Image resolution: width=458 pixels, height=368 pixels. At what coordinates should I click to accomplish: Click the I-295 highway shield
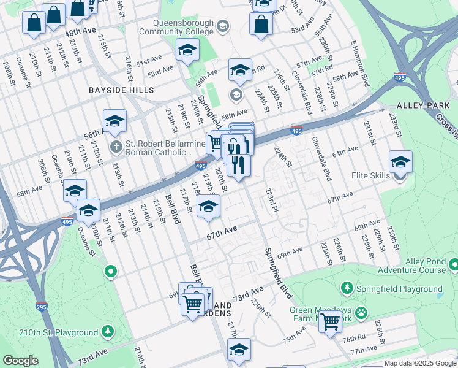[42, 306]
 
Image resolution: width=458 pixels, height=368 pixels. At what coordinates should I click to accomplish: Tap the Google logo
[20, 361]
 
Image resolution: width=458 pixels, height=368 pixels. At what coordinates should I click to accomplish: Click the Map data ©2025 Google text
[419, 363]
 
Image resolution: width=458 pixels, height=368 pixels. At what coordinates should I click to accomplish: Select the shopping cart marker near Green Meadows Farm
[331, 320]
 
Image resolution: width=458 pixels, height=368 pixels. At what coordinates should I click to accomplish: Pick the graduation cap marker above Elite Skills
[400, 162]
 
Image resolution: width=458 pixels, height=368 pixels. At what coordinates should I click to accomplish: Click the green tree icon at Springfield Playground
[347, 288]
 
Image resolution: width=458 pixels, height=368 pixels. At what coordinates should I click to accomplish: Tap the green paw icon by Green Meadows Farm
[362, 312]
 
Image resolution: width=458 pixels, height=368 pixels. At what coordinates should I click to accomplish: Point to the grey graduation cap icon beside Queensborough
[223, 26]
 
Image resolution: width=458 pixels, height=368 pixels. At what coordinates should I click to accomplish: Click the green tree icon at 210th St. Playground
[108, 332]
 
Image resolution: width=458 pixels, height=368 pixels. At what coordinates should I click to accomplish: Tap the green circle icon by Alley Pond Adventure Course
[454, 265]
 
